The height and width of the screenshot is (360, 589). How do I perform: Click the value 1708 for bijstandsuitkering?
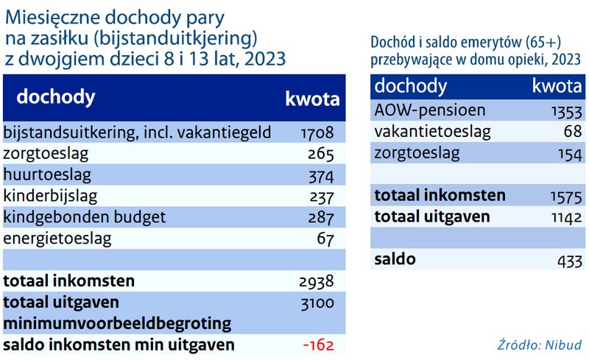click(317, 133)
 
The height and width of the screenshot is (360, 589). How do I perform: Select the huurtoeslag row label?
click(47, 174)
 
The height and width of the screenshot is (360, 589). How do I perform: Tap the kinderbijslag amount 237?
click(322, 197)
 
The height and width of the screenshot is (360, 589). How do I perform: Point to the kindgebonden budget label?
click(85, 217)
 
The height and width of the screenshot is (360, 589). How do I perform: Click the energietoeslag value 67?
click(325, 239)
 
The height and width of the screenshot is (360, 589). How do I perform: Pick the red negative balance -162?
click(318, 345)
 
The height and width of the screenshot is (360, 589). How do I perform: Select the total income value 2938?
click(317, 281)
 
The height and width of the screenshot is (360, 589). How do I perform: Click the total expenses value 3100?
click(317, 303)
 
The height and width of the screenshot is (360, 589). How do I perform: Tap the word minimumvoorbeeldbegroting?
click(117, 323)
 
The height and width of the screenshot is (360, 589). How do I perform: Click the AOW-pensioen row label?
click(430, 110)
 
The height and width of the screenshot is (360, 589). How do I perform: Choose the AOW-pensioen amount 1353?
click(566, 112)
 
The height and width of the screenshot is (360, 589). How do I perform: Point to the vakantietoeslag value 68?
click(573, 132)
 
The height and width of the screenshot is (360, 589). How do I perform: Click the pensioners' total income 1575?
click(566, 197)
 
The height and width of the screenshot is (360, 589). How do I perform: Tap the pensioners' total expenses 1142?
click(566, 218)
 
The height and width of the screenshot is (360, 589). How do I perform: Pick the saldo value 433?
click(570, 261)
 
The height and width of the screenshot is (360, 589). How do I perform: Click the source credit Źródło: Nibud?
click(540, 345)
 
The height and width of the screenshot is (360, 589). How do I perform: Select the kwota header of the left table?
click(312, 99)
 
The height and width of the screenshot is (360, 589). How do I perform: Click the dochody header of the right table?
click(411, 86)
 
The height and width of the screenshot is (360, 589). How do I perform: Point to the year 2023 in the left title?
click(265, 59)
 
